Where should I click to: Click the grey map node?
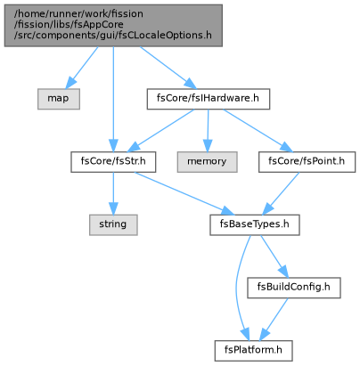(59, 99)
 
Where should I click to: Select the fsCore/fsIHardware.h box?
(209, 99)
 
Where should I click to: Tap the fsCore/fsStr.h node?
(113, 162)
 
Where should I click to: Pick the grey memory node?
(207, 162)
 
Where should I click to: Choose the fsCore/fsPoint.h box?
(307, 162)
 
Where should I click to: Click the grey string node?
(113, 224)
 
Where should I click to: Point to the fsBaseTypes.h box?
(255, 224)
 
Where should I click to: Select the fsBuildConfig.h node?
(294, 288)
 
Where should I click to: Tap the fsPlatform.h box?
(253, 351)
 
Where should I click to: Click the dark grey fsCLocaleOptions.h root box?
(113, 26)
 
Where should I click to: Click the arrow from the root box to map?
(82, 68)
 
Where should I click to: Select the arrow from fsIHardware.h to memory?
(208, 131)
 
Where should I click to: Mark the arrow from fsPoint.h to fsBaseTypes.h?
(281, 193)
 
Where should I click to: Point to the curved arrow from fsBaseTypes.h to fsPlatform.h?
(237, 288)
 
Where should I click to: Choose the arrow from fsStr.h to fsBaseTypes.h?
(184, 193)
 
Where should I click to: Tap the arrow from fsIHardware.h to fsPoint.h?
(258, 131)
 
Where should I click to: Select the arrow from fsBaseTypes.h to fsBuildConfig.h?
(274, 256)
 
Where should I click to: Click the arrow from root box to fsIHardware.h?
(168, 68)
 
